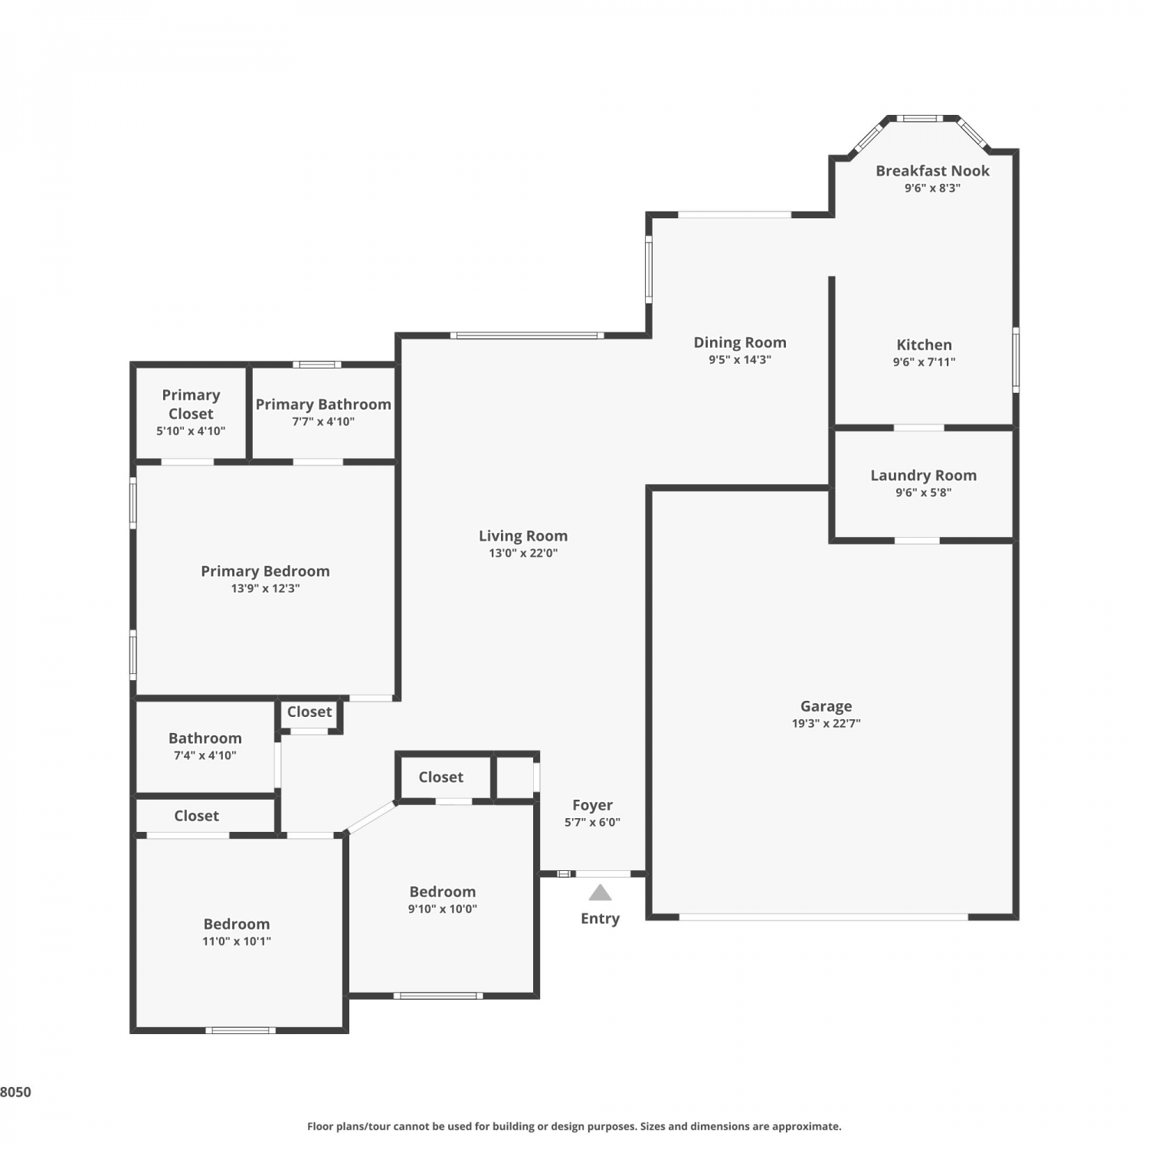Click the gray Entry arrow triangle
click(x=600, y=893)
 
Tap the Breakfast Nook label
click(x=932, y=171)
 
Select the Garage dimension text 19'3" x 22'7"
click(x=826, y=723)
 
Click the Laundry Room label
click(x=923, y=476)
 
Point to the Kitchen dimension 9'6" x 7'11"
click(x=924, y=362)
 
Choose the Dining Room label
click(x=740, y=343)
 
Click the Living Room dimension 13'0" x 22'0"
click(x=523, y=553)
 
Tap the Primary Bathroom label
click(x=323, y=404)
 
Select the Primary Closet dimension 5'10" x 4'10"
click(x=191, y=431)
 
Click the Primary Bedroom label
click(x=265, y=571)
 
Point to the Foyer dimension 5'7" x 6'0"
click(x=592, y=823)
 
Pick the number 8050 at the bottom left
click(x=16, y=1092)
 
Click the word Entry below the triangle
click(x=600, y=918)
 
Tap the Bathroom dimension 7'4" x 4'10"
click(x=205, y=755)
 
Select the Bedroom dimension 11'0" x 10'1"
click(x=236, y=941)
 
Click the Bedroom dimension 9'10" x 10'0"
click(x=442, y=909)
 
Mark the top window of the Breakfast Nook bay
click(x=919, y=118)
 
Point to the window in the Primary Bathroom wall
click(x=317, y=365)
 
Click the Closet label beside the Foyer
click(x=440, y=777)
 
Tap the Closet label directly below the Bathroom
click(x=196, y=817)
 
